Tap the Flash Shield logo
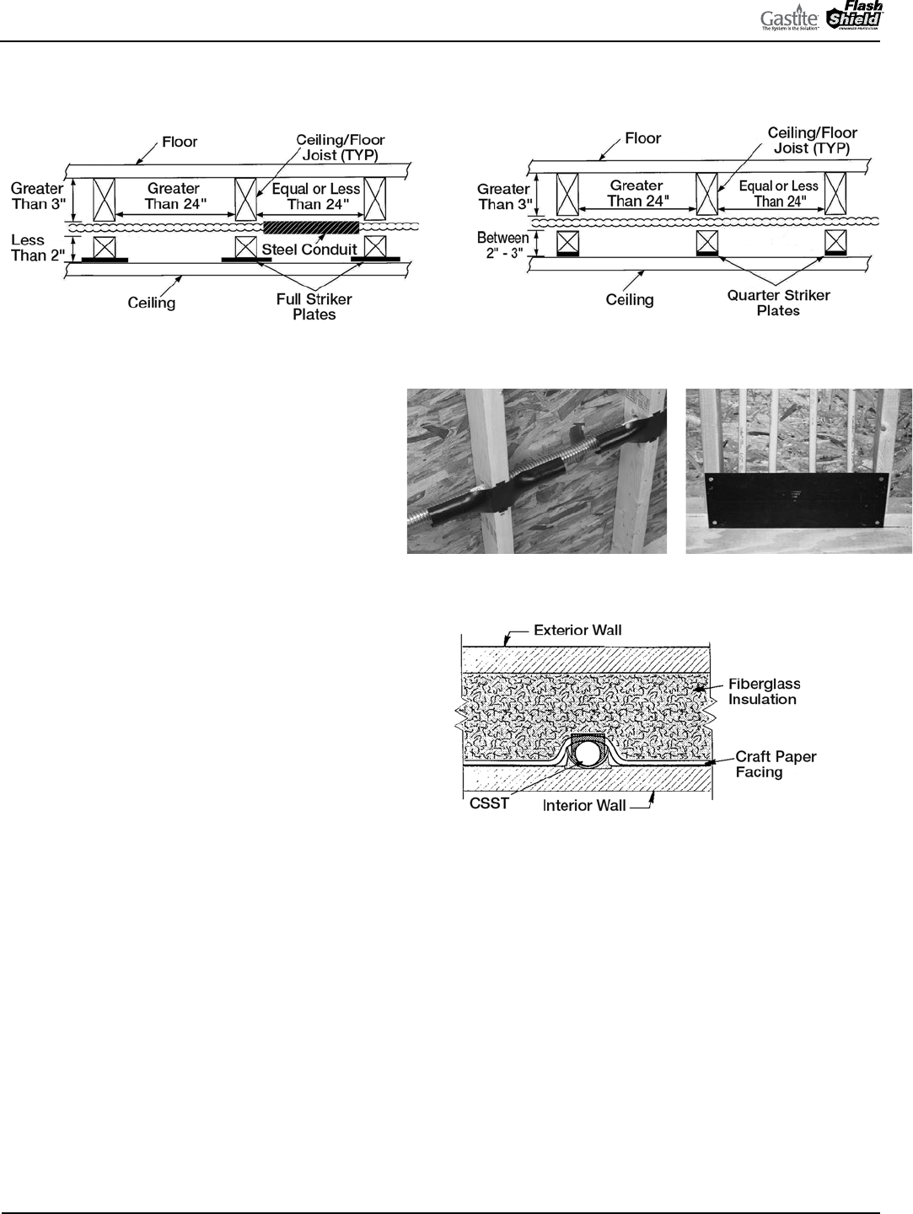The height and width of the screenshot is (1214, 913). [x=853, y=18]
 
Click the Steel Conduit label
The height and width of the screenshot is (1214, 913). [x=309, y=250]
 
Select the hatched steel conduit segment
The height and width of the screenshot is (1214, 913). [x=311, y=228]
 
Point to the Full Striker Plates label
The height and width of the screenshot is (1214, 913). [x=314, y=307]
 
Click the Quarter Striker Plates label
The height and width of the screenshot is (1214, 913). [x=778, y=303]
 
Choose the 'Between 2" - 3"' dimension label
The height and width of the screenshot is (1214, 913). [x=502, y=245]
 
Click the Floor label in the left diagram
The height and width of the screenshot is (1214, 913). [x=180, y=142]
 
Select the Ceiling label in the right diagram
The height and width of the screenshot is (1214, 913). [x=630, y=299]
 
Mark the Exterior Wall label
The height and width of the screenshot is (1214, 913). [x=577, y=630]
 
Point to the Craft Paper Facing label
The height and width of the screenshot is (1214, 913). [x=776, y=764]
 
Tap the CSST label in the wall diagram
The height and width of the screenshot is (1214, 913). [x=489, y=803]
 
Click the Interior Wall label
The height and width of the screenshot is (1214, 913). [x=584, y=805]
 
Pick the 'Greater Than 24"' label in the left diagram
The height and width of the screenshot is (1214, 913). [x=173, y=196]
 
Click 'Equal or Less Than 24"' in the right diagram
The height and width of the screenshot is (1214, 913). [x=778, y=193]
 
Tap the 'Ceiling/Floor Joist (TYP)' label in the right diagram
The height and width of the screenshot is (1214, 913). [x=812, y=140]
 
